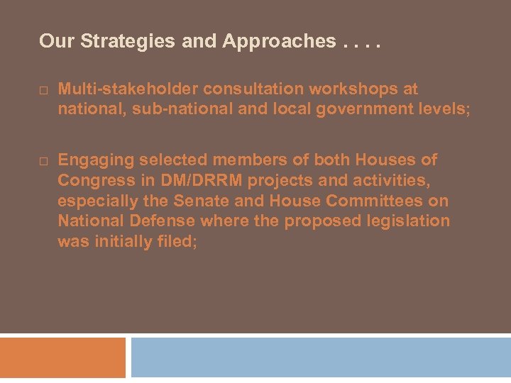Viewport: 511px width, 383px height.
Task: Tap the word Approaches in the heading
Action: pyautogui.click(x=279, y=42)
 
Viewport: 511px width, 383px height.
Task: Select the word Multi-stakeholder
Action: pyautogui.click(x=128, y=89)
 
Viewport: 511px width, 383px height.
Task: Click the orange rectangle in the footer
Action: pyautogui.click(x=62, y=357)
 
